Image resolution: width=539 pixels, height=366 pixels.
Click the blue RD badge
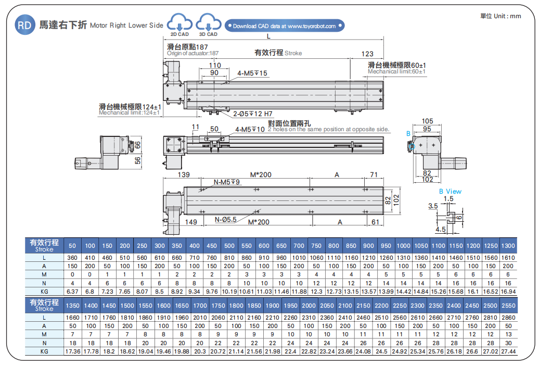(24, 25)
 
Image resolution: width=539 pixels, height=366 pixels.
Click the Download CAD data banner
(284, 26)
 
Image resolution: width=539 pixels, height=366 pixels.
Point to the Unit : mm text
(500, 16)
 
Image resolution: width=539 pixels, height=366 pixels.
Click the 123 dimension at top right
(367, 54)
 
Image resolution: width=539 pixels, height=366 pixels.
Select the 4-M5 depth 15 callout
(252, 73)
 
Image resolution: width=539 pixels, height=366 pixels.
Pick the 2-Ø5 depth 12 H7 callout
(252, 113)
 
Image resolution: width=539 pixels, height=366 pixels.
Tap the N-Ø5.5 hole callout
(226, 220)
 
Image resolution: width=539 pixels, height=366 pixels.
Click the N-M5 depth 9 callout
(227, 182)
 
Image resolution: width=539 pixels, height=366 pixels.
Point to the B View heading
(450, 191)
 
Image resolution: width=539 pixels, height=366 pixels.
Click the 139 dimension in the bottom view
(183, 174)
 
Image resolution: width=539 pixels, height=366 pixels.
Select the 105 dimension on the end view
(427, 121)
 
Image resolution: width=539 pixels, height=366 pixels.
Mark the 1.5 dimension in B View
(449, 198)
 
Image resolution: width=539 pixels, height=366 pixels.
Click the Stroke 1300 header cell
(508, 246)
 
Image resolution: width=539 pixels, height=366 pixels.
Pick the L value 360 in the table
(72, 257)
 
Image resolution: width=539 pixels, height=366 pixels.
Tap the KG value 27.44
(508, 351)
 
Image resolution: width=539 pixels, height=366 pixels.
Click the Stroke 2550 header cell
(508, 305)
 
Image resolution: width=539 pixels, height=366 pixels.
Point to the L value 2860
(508, 317)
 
